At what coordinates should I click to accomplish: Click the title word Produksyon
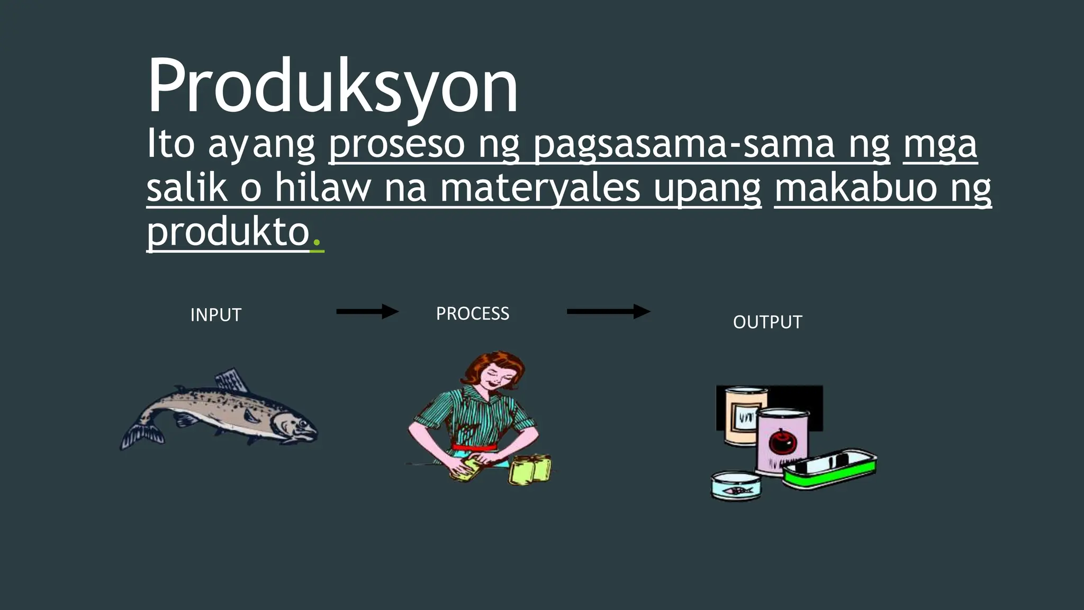pos(332,86)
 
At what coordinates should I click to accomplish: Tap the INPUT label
pos(215,315)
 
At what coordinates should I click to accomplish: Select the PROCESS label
pos(472,313)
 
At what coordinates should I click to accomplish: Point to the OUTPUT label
pos(767,322)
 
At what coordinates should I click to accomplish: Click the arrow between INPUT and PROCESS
pos(367,311)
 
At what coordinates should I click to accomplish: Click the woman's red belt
pos(475,447)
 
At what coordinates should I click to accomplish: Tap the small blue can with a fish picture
pos(736,486)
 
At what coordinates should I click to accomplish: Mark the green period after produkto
pos(317,244)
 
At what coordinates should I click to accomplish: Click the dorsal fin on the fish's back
pos(231,380)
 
